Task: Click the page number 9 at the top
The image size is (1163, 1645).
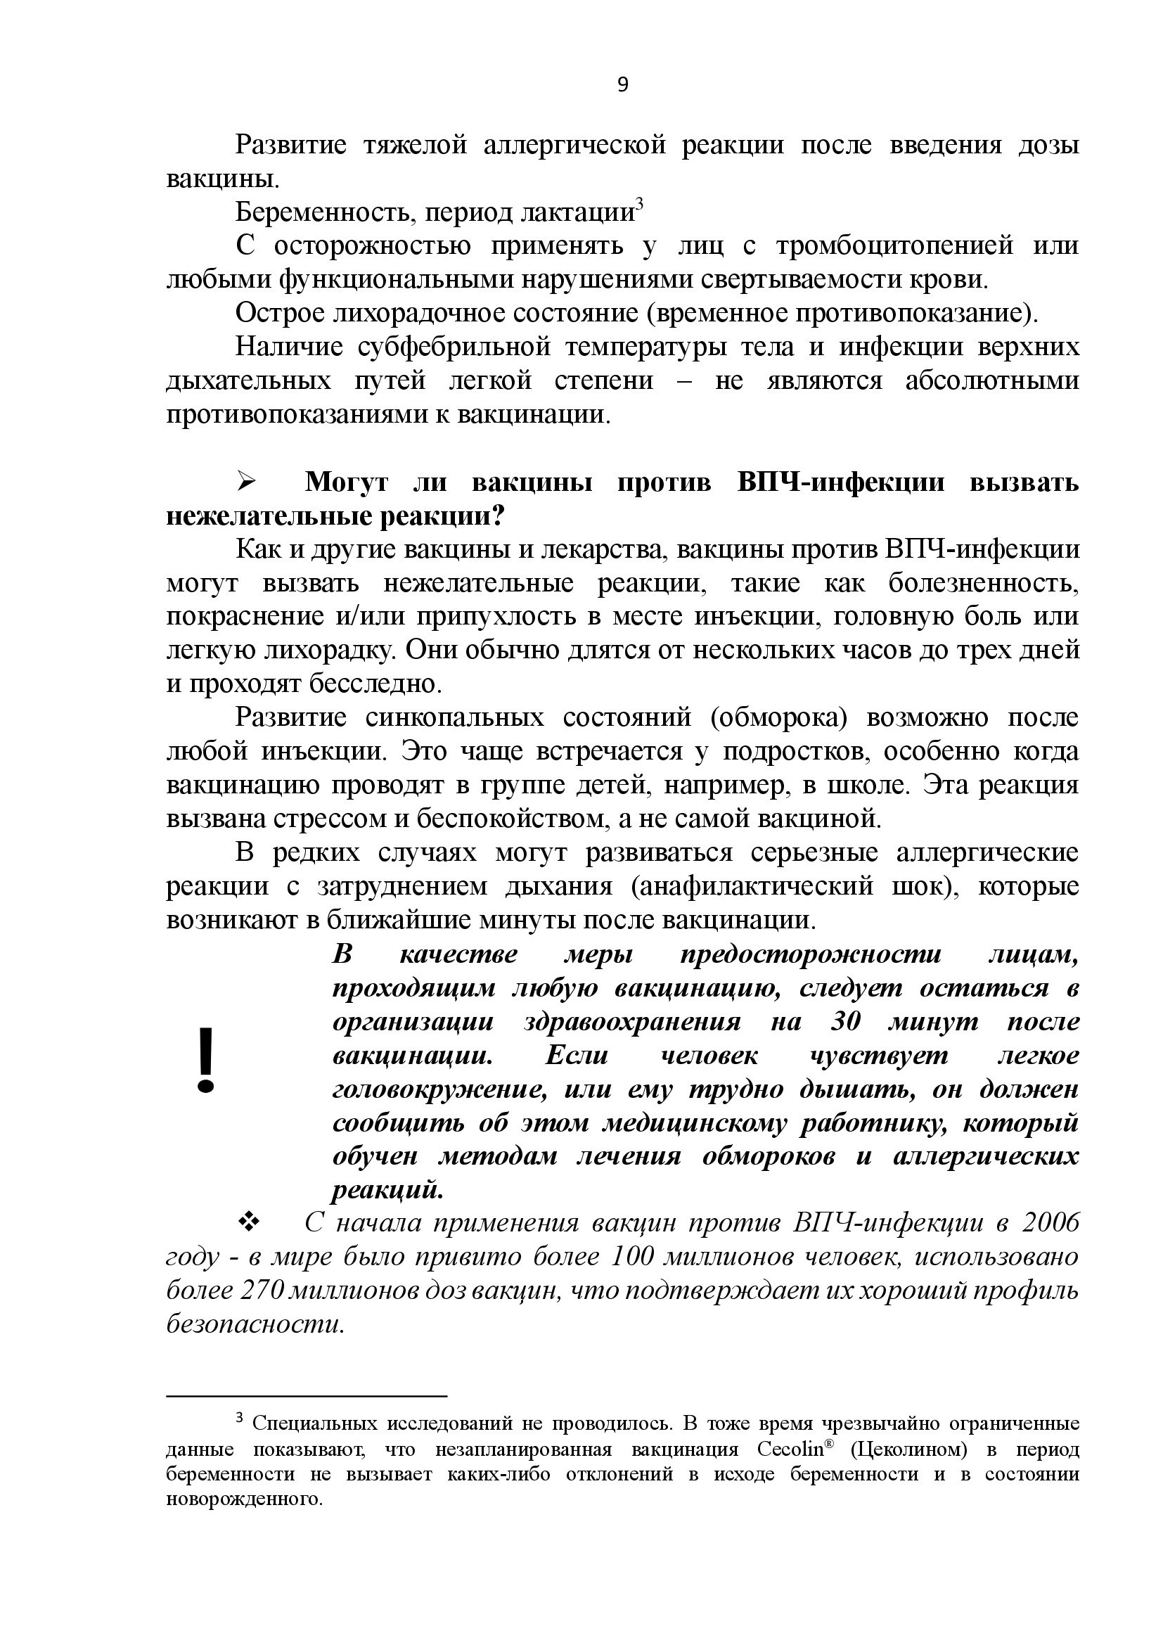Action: pyautogui.click(x=622, y=85)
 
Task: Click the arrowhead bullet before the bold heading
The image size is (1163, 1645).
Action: pyautogui.click(x=248, y=482)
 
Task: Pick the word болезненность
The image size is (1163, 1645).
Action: pyautogui.click(x=983, y=584)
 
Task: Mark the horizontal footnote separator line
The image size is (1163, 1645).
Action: pyautogui.click(x=307, y=1395)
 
